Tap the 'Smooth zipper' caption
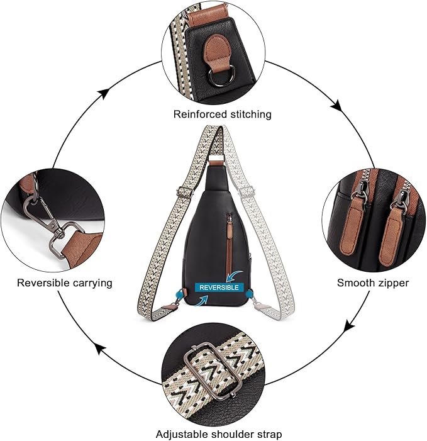pyautogui.click(x=373, y=282)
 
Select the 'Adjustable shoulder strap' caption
pyautogui.click(x=219, y=434)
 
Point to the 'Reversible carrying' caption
pyautogui.click(x=65, y=282)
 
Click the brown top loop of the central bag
pyautogui.click(x=215, y=162)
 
